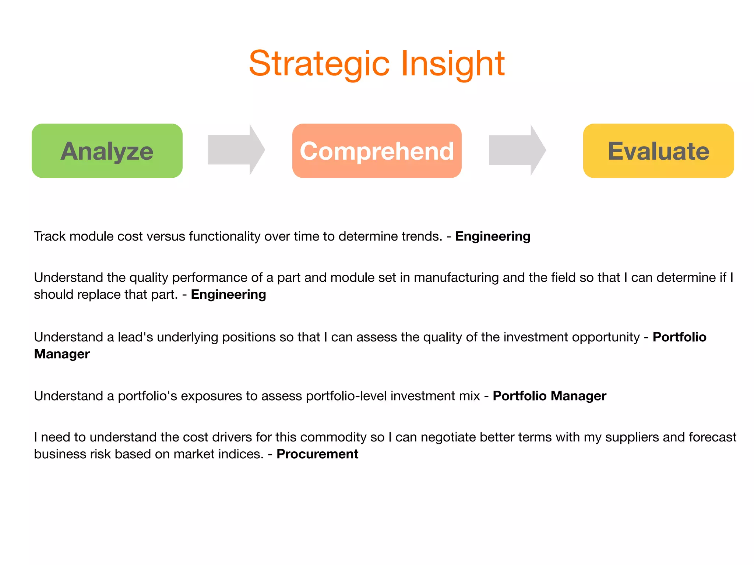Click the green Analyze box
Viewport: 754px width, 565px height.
tap(107, 151)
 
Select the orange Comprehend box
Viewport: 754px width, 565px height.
tap(377, 151)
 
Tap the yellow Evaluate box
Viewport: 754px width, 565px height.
tap(658, 151)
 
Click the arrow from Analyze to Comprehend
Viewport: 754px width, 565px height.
tap(236, 150)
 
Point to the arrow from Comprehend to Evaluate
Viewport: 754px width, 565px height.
tap(517, 150)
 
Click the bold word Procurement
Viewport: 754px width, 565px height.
tap(317, 454)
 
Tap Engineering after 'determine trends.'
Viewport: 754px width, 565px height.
tap(493, 236)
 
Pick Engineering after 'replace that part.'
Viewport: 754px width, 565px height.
tap(228, 294)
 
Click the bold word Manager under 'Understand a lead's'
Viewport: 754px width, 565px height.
tap(62, 354)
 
